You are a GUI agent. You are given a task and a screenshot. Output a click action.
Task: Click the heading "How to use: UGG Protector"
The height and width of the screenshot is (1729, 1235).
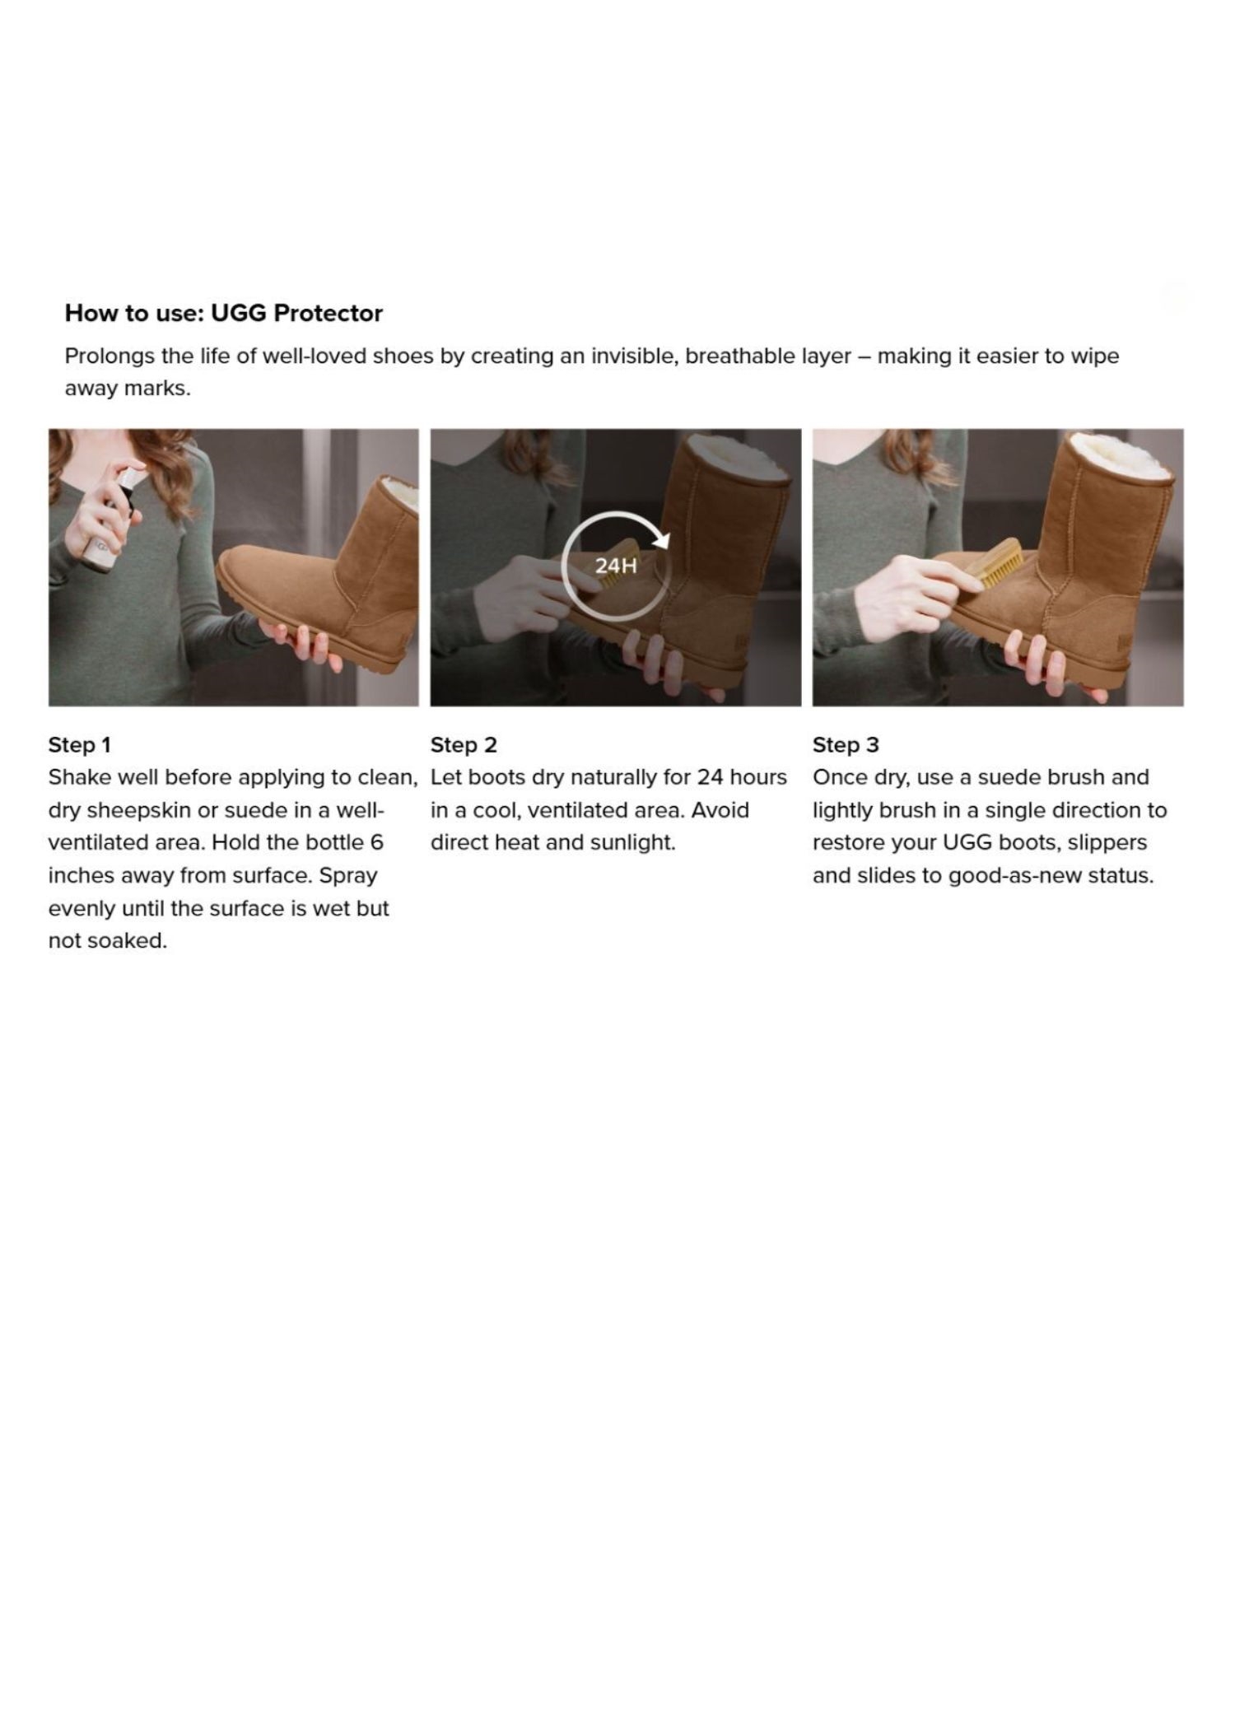tap(224, 313)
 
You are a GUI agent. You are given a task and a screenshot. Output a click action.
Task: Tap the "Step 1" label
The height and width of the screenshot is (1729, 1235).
tap(79, 745)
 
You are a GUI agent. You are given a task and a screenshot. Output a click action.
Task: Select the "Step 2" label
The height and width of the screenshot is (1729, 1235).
tap(464, 745)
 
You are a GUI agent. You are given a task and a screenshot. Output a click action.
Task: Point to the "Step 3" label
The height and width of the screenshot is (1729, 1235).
tap(846, 745)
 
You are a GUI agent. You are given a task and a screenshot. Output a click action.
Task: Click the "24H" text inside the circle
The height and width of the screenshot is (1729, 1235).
tap(616, 566)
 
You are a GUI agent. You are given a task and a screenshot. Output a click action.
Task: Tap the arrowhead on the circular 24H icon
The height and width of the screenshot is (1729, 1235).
tap(661, 539)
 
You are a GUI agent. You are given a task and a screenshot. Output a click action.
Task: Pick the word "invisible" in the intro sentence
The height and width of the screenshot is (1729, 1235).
tap(629, 357)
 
